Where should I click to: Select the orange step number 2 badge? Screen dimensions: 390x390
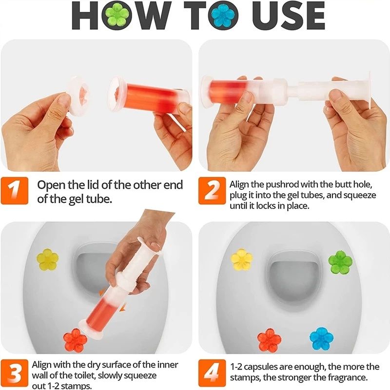tap(212, 191)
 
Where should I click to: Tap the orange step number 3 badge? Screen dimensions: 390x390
tap(16, 372)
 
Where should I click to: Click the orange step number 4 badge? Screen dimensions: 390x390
tap(212, 372)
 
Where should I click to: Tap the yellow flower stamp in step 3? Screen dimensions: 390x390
tap(47, 259)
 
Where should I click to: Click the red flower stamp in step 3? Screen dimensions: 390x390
tap(76, 340)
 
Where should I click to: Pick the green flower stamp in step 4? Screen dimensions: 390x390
tap(340, 262)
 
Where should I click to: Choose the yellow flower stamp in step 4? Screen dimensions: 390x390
tap(242, 259)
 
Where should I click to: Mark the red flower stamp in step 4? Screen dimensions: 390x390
tap(269, 340)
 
